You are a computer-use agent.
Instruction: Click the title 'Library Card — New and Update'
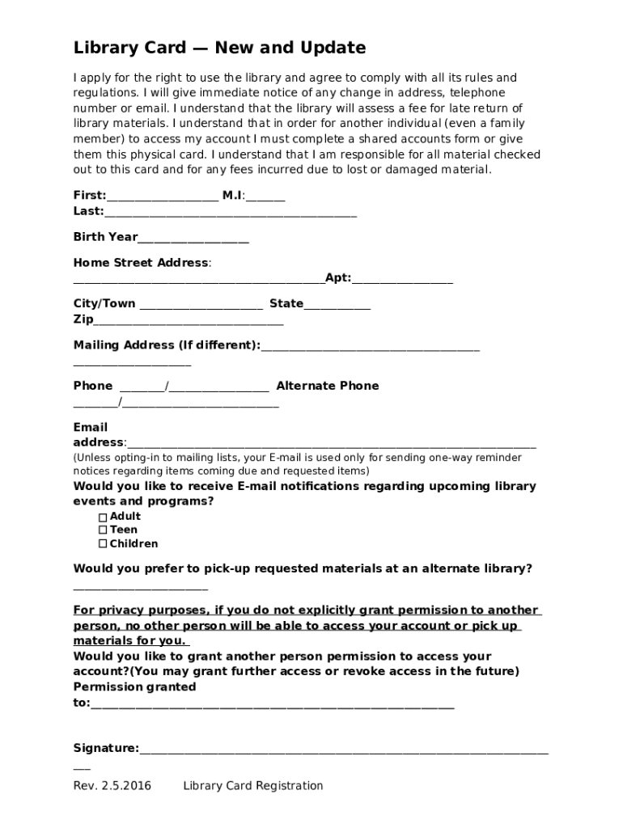219,49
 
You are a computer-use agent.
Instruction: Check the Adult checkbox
103,517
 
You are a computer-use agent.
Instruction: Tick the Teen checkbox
103,530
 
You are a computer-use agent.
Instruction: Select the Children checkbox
103,544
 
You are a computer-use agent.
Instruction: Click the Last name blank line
231,214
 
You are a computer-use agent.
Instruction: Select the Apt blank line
402,281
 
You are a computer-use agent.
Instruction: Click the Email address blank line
331,446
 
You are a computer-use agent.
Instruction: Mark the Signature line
343,751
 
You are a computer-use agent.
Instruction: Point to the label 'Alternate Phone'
328,386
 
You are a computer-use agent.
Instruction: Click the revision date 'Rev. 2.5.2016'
112,786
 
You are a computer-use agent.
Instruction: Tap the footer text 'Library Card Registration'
253,786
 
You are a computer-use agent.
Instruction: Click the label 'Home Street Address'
141,263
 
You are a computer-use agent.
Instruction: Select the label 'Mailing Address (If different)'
166,345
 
